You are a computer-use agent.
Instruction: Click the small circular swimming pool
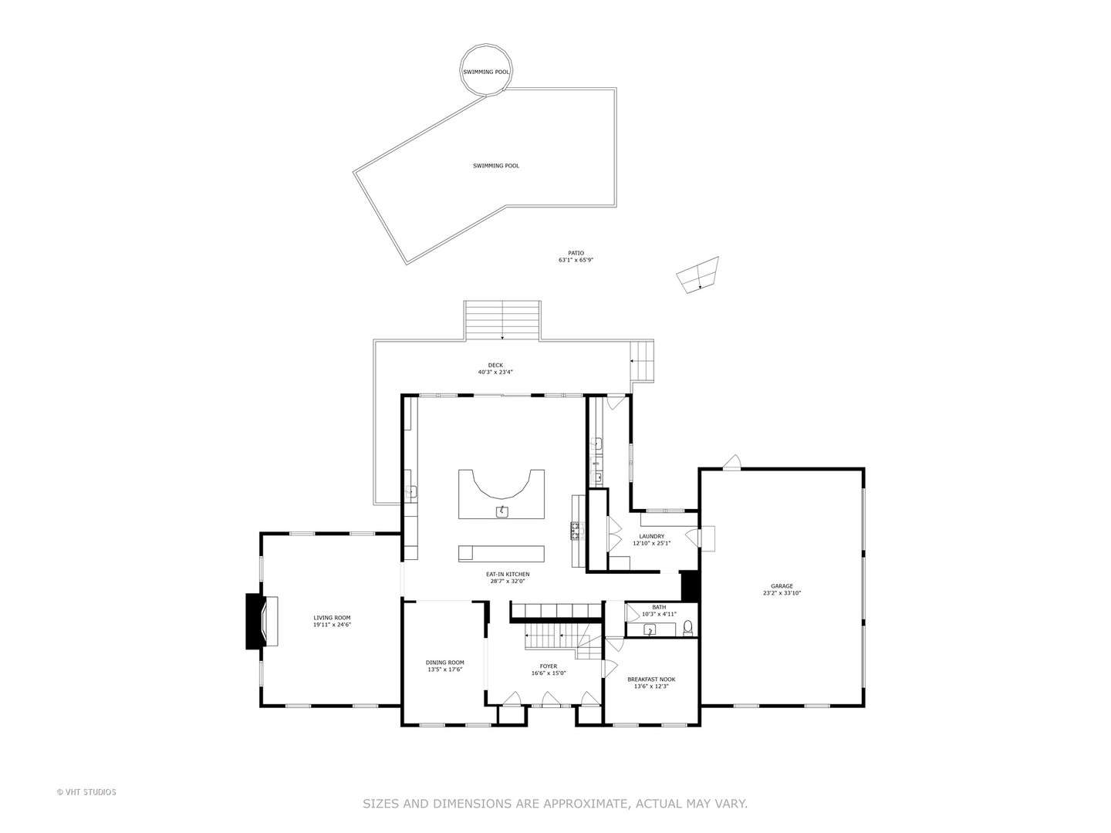pyautogui.click(x=486, y=71)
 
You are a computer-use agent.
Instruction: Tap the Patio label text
pyautogui.click(x=576, y=253)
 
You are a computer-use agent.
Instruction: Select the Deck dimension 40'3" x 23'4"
pyautogui.click(x=495, y=373)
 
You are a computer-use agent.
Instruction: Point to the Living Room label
pyautogui.click(x=332, y=618)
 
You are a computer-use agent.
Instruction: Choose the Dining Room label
pyautogui.click(x=445, y=663)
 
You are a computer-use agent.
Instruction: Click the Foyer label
pyautogui.click(x=549, y=666)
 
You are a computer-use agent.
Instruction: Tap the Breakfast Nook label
pyautogui.click(x=651, y=680)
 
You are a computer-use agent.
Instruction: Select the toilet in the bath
pyautogui.click(x=688, y=627)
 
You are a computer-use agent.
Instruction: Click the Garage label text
pyautogui.click(x=782, y=586)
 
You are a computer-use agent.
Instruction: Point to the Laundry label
pyautogui.click(x=651, y=537)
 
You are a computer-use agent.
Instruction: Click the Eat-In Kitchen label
pyautogui.click(x=508, y=575)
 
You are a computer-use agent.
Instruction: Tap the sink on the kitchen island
pyautogui.click(x=502, y=511)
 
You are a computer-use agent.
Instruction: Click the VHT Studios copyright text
pyautogui.click(x=86, y=792)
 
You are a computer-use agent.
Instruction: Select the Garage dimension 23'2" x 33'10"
pyautogui.click(x=782, y=594)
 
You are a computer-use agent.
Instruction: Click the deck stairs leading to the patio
pyautogui.click(x=502, y=320)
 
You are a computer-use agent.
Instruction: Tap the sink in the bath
pyautogui.click(x=650, y=630)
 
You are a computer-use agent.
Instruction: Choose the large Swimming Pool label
pyautogui.click(x=496, y=166)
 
